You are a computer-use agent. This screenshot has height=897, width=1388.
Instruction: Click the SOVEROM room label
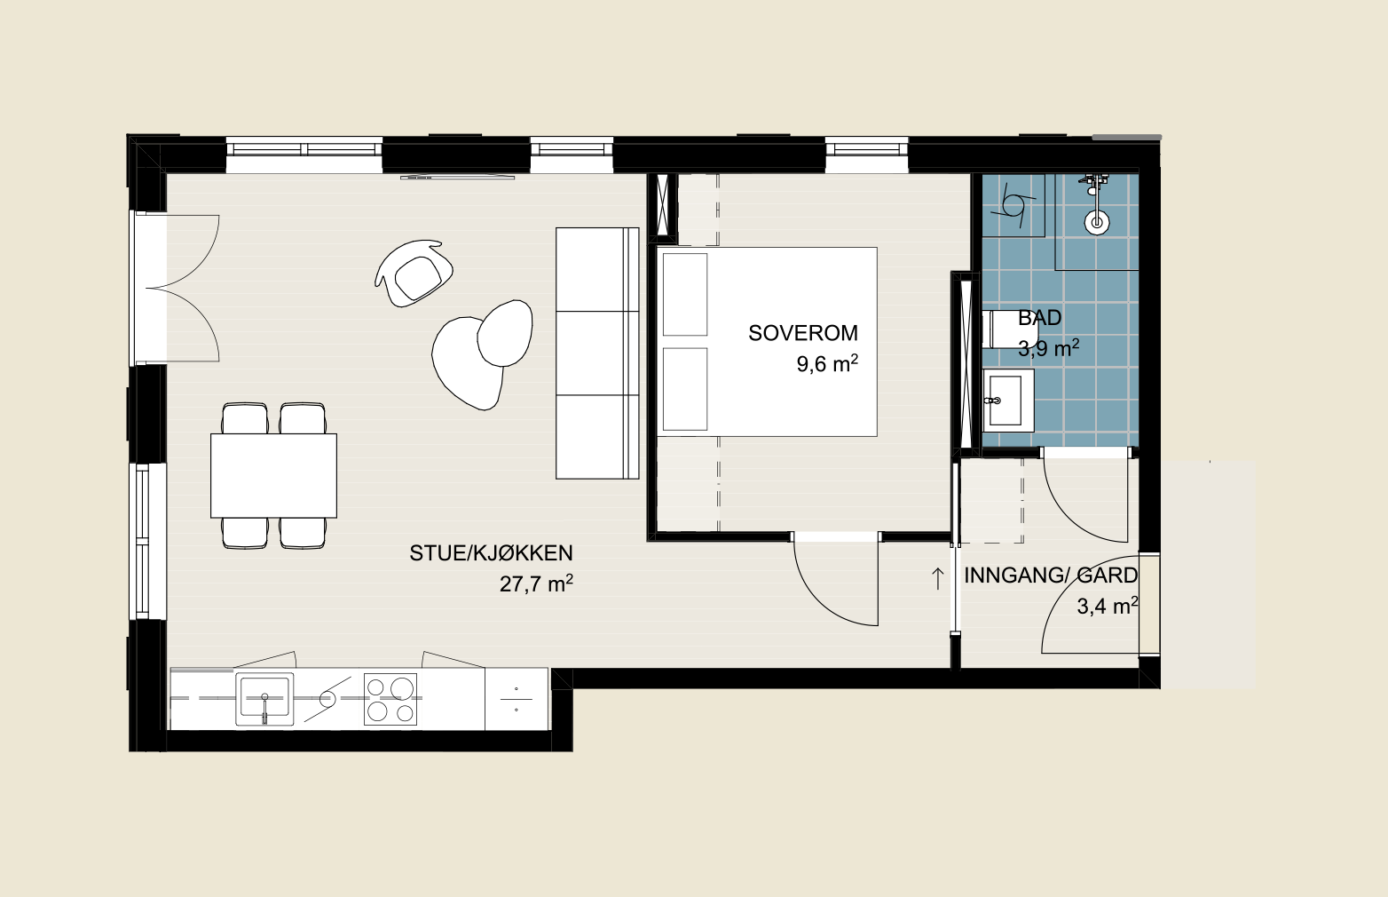803,334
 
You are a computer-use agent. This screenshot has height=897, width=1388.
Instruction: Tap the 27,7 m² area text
536,584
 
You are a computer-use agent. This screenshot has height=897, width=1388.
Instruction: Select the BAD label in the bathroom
1040,318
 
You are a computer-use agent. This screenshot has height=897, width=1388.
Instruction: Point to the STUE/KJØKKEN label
491,553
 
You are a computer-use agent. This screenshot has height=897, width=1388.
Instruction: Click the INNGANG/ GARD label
1051,576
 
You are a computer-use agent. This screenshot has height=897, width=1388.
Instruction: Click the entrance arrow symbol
937,578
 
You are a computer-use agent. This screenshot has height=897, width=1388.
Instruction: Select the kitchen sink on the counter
264,699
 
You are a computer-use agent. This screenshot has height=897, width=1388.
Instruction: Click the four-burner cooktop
390,699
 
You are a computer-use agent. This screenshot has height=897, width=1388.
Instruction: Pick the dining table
273,475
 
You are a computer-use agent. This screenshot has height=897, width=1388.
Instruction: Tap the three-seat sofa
597,353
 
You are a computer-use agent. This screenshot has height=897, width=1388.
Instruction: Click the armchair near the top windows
414,274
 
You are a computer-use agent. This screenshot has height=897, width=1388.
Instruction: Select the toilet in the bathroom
1001,329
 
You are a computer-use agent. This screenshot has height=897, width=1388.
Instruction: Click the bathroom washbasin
1008,401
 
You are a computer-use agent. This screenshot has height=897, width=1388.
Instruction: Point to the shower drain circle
1097,222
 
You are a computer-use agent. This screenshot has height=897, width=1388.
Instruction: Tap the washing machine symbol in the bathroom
1013,205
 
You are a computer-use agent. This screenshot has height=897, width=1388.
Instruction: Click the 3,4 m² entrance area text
1108,606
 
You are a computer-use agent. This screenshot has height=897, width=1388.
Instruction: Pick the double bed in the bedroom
767,342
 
